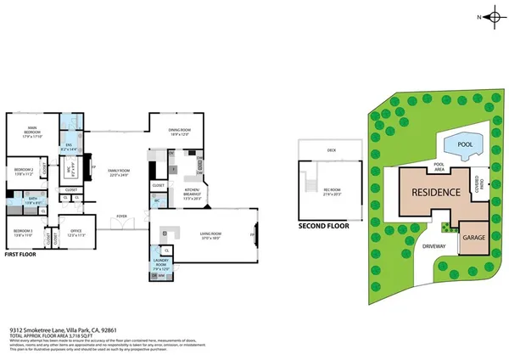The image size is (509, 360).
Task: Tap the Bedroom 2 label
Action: (x=23, y=171)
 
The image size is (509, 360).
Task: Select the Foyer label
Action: (x=122, y=217)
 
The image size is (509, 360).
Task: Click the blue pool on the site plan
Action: (x=462, y=143)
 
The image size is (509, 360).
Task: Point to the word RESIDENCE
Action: (x=436, y=193)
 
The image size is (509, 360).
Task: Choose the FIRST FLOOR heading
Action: (x=22, y=254)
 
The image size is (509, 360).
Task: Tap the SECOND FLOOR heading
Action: (x=324, y=227)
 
